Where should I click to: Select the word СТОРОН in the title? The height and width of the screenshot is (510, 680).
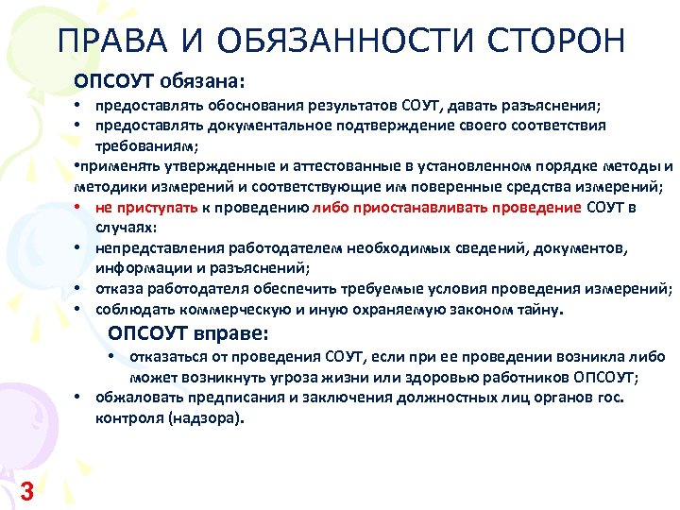pos(557,42)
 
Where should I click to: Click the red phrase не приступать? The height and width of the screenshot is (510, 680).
pos(141,207)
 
